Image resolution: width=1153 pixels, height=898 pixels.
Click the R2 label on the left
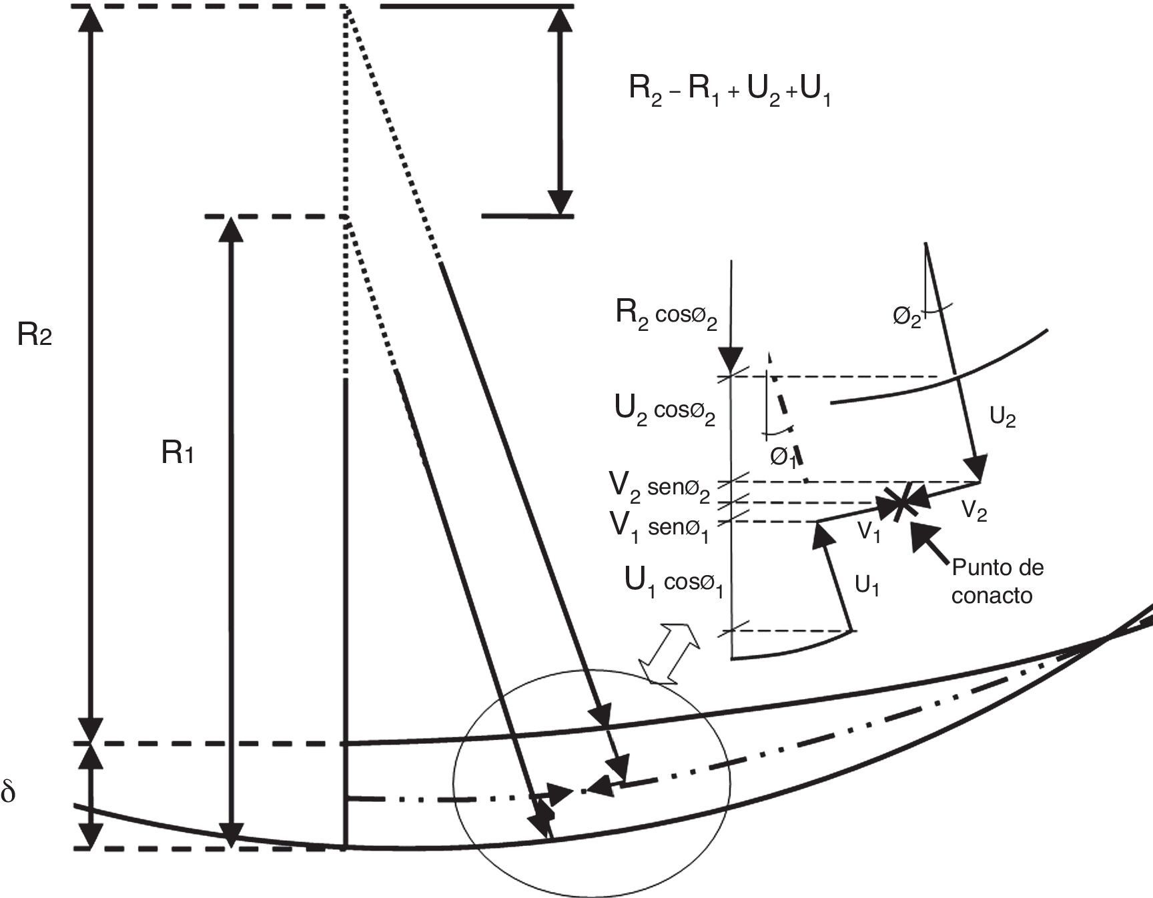click(35, 336)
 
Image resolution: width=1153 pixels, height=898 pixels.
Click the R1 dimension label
click(177, 454)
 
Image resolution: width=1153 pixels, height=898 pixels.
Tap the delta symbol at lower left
click(9, 793)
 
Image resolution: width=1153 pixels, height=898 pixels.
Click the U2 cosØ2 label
click(665, 410)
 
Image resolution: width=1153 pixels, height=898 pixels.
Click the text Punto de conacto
click(997, 581)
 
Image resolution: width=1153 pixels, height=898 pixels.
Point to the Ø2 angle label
click(907, 318)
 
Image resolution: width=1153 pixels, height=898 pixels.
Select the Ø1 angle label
click(783, 458)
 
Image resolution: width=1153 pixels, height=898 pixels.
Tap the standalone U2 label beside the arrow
click(1002, 418)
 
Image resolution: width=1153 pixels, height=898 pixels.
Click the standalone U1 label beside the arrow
click(867, 586)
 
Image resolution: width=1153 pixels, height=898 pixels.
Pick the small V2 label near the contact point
click(974, 511)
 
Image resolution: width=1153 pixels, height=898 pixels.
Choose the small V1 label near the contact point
click(869, 532)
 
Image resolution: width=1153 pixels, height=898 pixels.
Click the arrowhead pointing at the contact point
click(921, 534)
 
